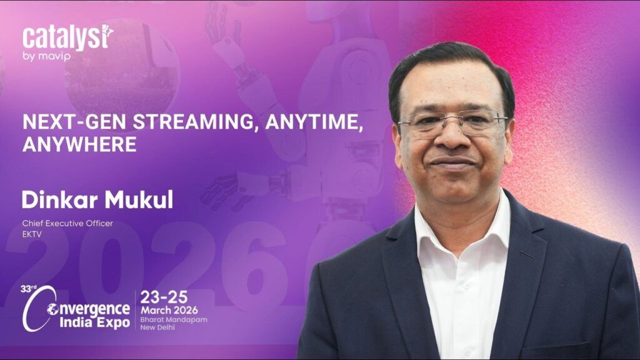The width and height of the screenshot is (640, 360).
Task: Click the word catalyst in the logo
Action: tap(67, 38)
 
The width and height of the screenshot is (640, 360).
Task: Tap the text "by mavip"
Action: tap(46, 56)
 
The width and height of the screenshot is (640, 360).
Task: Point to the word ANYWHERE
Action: tap(79, 144)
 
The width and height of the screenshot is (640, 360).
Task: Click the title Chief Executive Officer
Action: tap(67, 223)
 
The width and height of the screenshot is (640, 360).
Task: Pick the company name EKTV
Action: tap(32, 234)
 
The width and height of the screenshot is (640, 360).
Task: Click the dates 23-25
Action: tap(164, 297)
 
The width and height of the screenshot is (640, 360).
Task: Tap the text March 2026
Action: tap(169, 310)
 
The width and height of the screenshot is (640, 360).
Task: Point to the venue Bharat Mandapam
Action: tap(174, 319)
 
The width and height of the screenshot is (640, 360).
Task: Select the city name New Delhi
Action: tap(157, 327)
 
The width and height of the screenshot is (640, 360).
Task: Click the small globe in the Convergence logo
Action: tap(52, 309)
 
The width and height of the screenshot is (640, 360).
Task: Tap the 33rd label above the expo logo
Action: tap(28, 289)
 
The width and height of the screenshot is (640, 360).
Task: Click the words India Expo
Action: tap(95, 322)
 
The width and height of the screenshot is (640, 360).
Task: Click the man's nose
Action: tap(452, 137)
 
